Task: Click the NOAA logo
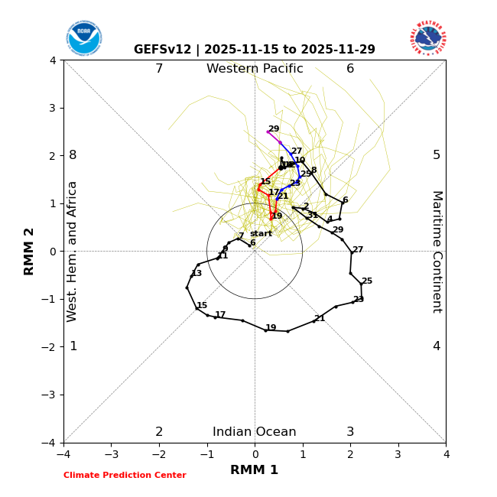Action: coord(83,37)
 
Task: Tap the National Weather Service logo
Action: coord(428,37)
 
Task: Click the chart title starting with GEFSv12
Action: coord(255,50)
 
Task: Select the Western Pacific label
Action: coord(255,69)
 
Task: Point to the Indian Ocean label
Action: coord(255,432)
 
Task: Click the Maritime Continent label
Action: coord(437,252)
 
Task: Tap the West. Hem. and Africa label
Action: coord(73,252)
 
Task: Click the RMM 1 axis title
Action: coord(255,470)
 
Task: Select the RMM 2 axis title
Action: coord(29,251)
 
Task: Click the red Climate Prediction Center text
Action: coord(125,476)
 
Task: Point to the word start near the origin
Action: coord(261,234)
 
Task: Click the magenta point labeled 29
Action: coord(268,132)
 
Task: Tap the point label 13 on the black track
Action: coord(197,273)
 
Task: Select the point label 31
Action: coord(312,216)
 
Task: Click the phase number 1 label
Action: coord(73,346)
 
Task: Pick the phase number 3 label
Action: coord(350,432)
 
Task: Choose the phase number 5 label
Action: coord(437,155)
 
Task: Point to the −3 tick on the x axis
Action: coord(112,454)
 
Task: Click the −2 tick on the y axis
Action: coord(50,346)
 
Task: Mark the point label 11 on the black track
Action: coord(223,255)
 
